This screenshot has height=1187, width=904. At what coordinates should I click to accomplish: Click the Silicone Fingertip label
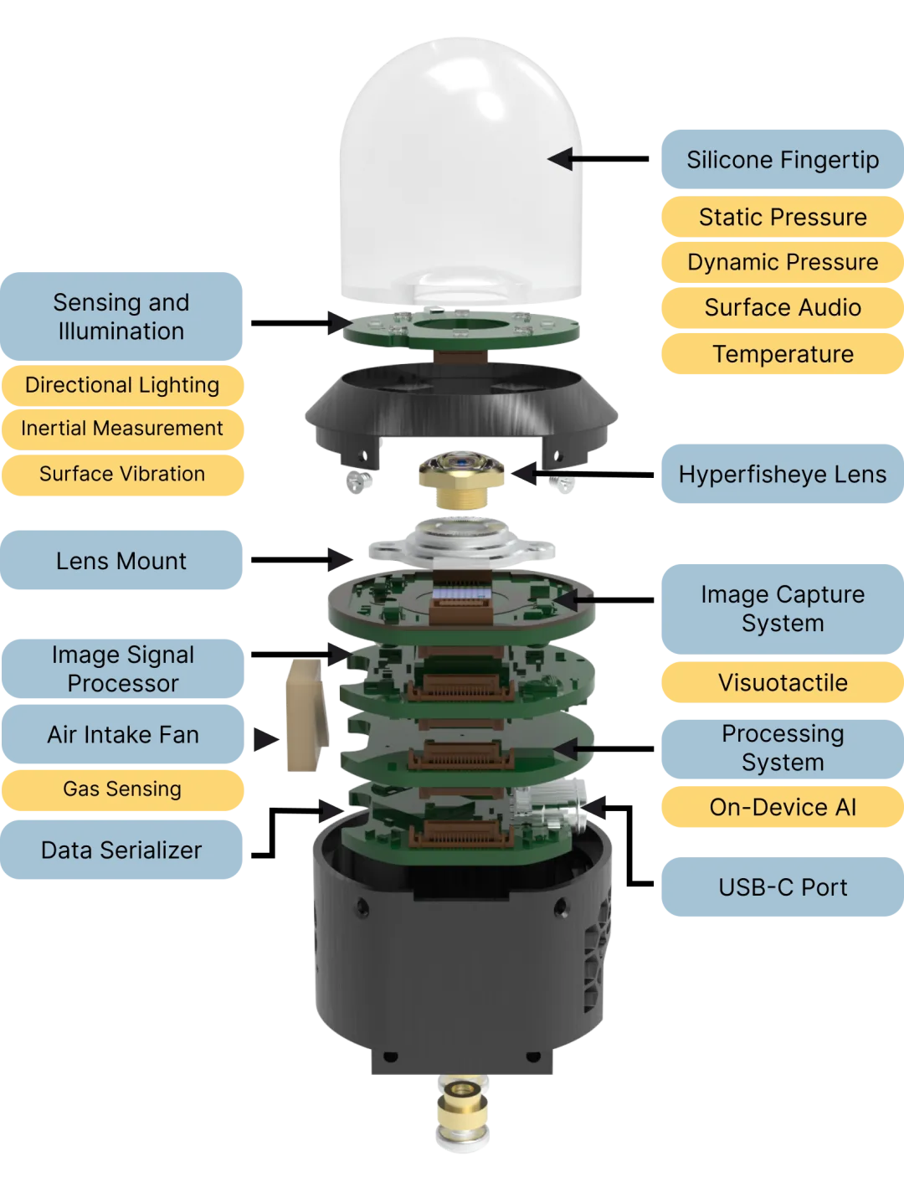point(783,159)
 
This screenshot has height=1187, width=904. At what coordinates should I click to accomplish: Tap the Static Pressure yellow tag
point(783,217)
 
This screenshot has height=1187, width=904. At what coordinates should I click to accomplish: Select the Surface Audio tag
point(783,308)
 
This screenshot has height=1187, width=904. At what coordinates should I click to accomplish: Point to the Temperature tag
point(783,353)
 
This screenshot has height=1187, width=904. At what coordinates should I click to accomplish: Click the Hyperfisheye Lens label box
point(783,474)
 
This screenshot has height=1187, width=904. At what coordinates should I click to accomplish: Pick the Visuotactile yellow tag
point(783,682)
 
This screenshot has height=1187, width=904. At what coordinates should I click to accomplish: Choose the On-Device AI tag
point(783,807)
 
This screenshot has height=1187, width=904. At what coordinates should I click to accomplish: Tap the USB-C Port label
point(783,886)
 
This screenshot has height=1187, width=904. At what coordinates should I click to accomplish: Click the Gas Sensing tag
point(122,789)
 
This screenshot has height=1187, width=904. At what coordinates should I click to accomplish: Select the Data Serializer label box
point(121,850)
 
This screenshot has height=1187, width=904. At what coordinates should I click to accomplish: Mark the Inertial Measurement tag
point(122,429)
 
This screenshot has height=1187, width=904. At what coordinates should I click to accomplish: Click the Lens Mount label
point(121,560)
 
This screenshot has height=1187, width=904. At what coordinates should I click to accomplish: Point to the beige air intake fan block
point(307,714)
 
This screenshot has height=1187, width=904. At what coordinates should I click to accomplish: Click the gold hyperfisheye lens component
point(461,478)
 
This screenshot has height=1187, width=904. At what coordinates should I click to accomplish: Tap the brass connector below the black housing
point(462,1112)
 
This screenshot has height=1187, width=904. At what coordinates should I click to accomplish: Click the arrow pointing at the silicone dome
point(598,159)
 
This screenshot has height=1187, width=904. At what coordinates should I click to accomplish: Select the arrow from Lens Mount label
point(301,560)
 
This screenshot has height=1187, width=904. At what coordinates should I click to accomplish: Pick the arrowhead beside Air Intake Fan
point(266,739)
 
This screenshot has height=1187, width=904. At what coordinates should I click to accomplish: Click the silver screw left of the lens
point(358,481)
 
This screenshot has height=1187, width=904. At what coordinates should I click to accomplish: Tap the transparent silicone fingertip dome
point(460,167)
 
